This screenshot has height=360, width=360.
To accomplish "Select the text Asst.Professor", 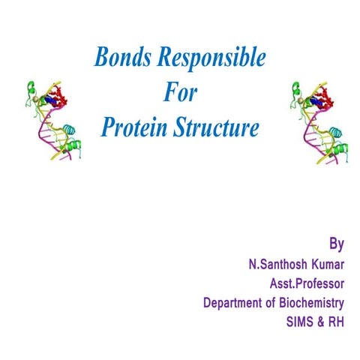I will [307, 283].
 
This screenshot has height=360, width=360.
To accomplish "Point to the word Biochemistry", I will [310, 303].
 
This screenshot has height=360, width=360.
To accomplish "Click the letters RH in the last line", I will [335, 322].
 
